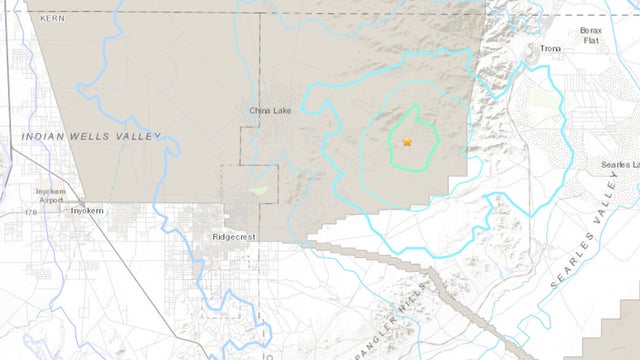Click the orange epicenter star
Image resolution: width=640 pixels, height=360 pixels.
[x=407, y=142]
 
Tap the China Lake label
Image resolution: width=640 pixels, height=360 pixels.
[x=269, y=111]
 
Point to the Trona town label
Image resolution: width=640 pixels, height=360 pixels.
[x=551, y=48]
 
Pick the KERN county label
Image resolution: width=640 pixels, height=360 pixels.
[x=51, y=18]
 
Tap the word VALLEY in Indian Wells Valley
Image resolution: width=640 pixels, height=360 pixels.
[x=139, y=137]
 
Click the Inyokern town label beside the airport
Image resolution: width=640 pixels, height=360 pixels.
[x=87, y=210]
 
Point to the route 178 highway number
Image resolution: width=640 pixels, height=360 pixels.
[x=35, y=212]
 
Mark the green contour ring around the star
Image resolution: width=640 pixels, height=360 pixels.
[x=390, y=150]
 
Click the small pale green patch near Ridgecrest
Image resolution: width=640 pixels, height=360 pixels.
[x=260, y=188]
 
